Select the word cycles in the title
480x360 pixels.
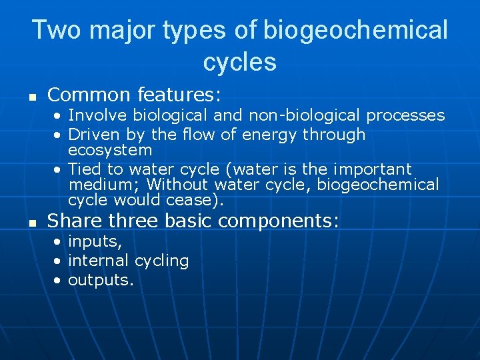pyautogui.click(x=239, y=62)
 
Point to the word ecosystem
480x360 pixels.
pyautogui.click(x=110, y=151)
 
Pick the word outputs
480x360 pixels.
pyautogui.click(x=101, y=280)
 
